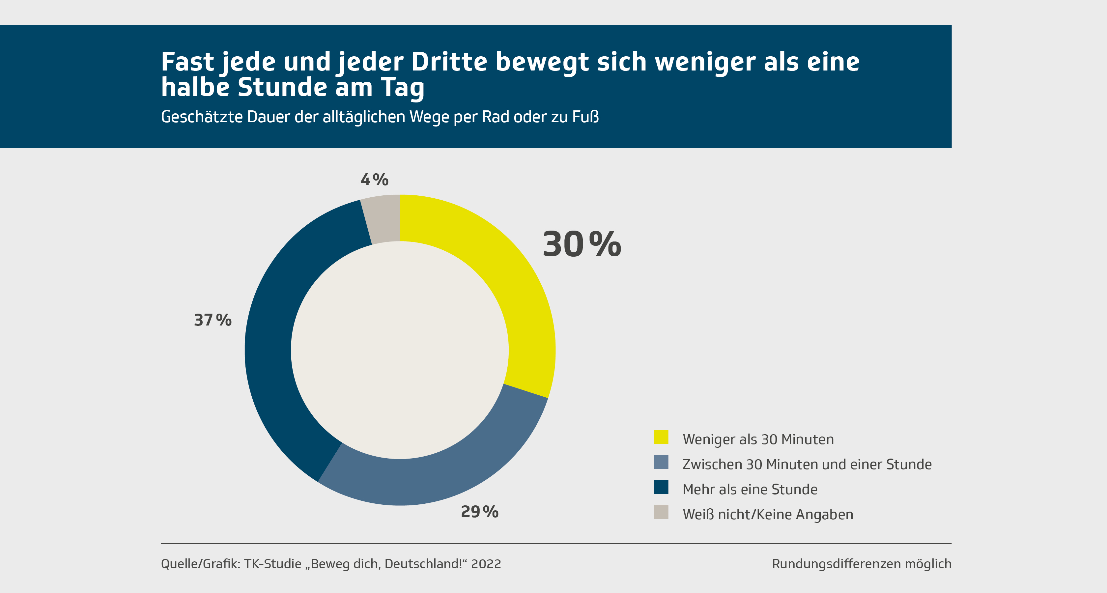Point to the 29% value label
pyautogui.click(x=479, y=512)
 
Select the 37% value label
pyautogui.click(x=213, y=320)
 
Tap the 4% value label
pyautogui.click(x=374, y=180)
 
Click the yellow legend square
pyautogui.click(x=661, y=437)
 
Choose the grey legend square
pyautogui.click(x=661, y=512)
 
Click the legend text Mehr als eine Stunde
pyautogui.click(x=750, y=490)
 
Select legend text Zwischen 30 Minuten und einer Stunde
pyautogui.click(x=807, y=465)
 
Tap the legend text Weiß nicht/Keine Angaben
pyautogui.click(x=768, y=514)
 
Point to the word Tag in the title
pyautogui.click(x=402, y=88)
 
